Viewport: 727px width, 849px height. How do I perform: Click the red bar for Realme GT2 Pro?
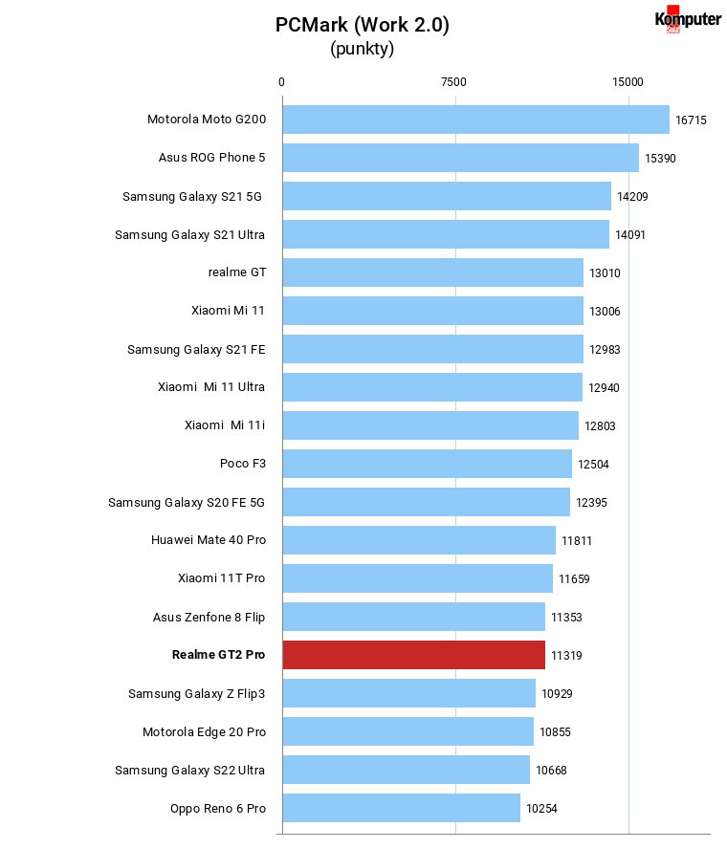pyautogui.click(x=414, y=655)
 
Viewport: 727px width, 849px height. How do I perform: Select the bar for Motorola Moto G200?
pyautogui.click(x=476, y=120)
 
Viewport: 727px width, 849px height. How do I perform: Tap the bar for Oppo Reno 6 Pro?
pyautogui.click(x=402, y=808)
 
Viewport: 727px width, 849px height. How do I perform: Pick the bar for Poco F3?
pyautogui.click(x=427, y=464)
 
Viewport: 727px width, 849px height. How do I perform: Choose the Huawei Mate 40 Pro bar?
pyautogui.click(x=419, y=540)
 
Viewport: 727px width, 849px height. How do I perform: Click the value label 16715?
pyautogui.click(x=691, y=120)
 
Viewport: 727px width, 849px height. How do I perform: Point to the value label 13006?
pyautogui.click(x=605, y=312)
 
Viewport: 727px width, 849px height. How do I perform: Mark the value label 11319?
pyautogui.click(x=566, y=656)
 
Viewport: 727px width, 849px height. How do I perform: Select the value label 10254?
pyautogui.click(x=541, y=809)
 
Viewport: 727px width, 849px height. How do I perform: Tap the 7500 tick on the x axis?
pyautogui.click(x=453, y=82)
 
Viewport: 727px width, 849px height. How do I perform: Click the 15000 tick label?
pyautogui.click(x=628, y=82)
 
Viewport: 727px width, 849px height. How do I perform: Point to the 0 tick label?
pyautogui.click(x=281, y=82)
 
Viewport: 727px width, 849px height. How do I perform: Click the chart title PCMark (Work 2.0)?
pyautogui.click(x=363, y=25)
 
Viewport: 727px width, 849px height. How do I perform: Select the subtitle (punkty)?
pyautogui.click(x=363, y=49)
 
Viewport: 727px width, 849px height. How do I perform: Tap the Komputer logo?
pyautogui.click(x=688, y=19)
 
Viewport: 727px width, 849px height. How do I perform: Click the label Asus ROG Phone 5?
pyautogui.click(x=211, y=158)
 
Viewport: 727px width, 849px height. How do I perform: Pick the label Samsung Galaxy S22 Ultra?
pyautogui.click(x=189, y=771)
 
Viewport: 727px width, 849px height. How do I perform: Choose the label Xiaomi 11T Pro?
pyautogui.click(x=222, y=578)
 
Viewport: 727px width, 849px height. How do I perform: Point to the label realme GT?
pyautogui.click(x=237, y=272)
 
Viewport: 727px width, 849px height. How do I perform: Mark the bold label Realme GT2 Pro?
pyautogui.click(x=218, y=655)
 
